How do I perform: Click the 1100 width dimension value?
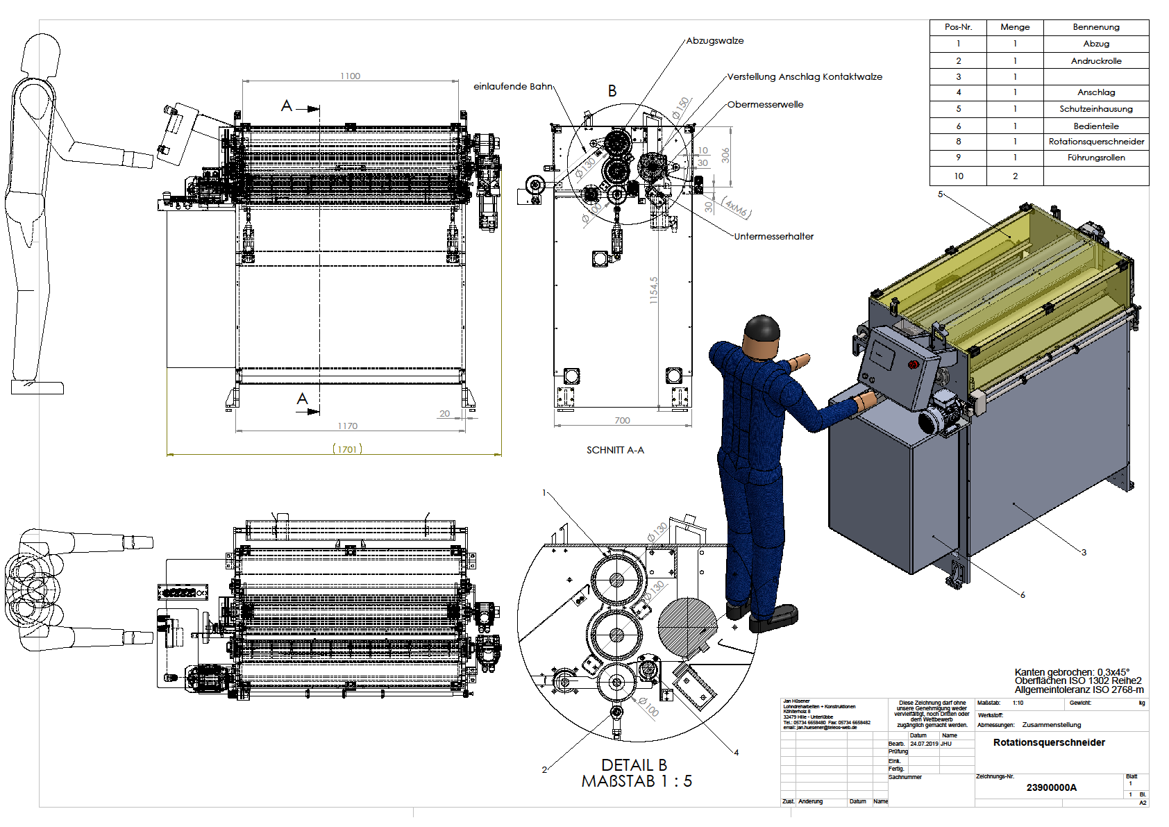pos(350,76)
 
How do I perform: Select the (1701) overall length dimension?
pos(347,449)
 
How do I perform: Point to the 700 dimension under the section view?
pos(622,420)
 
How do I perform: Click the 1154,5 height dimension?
pos(653,290)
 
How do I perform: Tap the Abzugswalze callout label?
pos(715,40)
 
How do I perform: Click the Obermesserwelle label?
pos(765,104)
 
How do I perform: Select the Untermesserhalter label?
pos(773,236)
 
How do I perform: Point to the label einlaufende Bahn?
pos(512,86)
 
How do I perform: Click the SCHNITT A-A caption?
pos(615,450)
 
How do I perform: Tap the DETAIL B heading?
pos(634,765)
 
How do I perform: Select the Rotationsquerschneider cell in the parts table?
pos(1096,142)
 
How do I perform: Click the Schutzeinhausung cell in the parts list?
pos(1096,109)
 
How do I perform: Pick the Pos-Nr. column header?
pos(958,27)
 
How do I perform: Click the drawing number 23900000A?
pos(1051,787)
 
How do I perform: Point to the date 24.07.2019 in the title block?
pos(924,744)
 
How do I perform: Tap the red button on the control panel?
pos(914,365)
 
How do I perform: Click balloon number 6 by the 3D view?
pos(1023,594)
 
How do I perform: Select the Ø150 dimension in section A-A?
pos(681,107)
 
